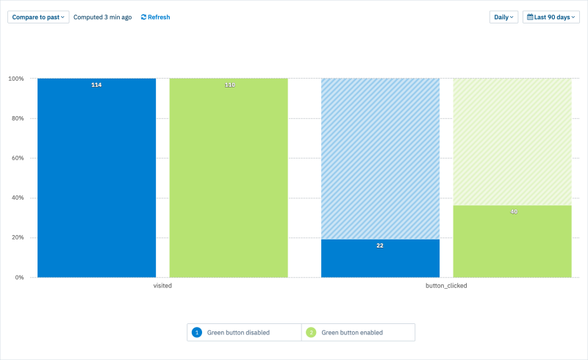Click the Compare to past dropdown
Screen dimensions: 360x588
pos(38,17)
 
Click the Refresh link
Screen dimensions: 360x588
pos(155,17)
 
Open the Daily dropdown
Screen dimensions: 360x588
pos(503,17)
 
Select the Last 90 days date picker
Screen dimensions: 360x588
pos(551,17)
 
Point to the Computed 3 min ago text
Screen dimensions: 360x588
pos(102,17)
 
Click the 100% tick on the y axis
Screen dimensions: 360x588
pos(16,79)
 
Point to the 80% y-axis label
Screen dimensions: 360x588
pos(18,118)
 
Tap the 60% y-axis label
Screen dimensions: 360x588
pos(18,158)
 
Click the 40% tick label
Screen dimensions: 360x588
pos(18,198)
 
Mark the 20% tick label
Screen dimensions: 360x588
pos(18,237)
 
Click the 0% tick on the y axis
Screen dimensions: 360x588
pos(19,278)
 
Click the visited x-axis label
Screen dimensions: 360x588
pos(162,286)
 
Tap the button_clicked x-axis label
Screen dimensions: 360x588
pos(446,286)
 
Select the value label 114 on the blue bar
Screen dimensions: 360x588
pos(96,85)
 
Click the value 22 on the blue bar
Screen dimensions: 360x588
pos(380,245)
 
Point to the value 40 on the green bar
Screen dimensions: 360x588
pos(513,212)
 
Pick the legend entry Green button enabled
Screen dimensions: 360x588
pos(351,333)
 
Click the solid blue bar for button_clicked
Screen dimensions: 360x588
pos(380,261)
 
